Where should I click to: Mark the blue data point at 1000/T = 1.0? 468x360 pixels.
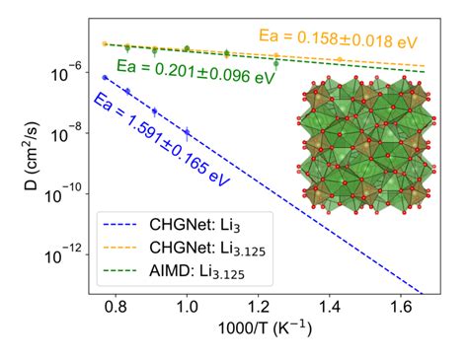[187, 131]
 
